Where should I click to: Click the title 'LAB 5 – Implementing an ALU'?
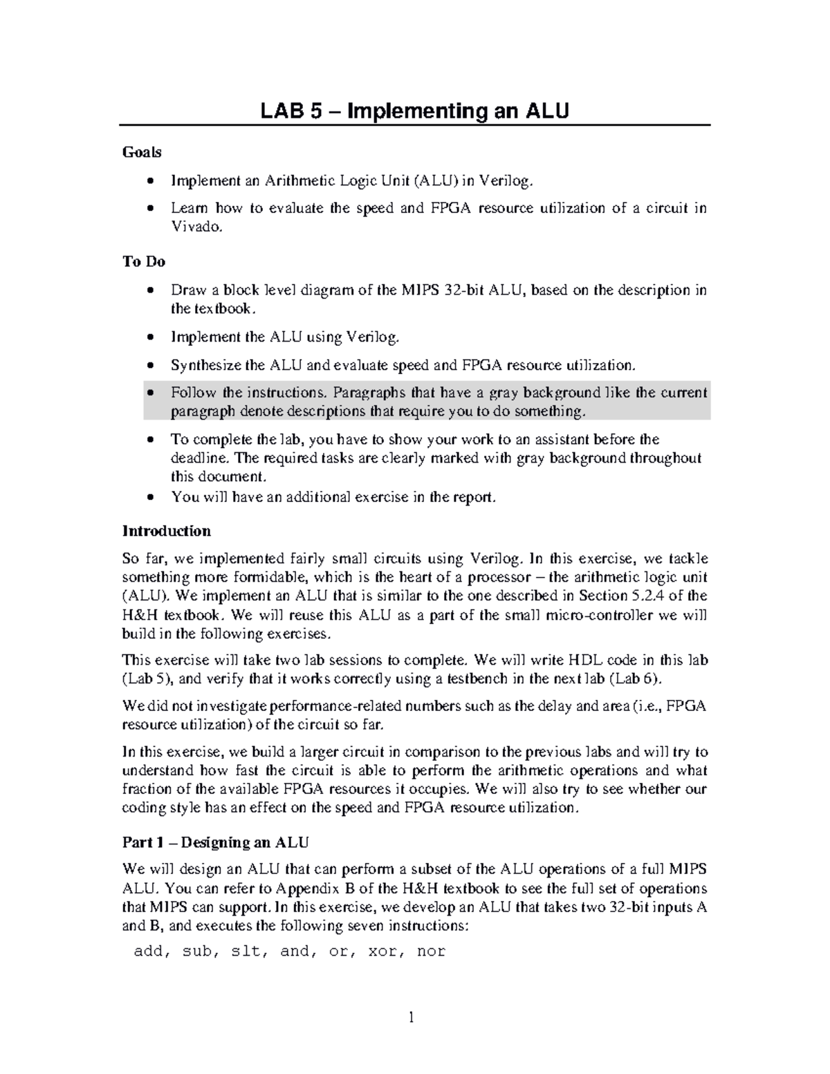pyautogui.click(x=414, y=111)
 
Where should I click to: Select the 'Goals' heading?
pyautogui.click(x=142, y=152)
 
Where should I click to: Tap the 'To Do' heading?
pyautogui.click(x=143, y=261)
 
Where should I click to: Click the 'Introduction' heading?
pyautogui.click(x=166, y=531)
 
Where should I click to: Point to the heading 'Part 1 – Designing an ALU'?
pyautogui.click(x=215, y=842)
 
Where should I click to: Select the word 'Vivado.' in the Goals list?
pyautogui.click(x=198, y=227)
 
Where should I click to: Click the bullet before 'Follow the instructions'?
pyautogui.click(x=151, y=393)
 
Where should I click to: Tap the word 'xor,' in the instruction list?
pyautogui.click(x=383, y=952)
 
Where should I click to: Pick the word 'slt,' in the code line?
pyautogui.click(x=248, y=952)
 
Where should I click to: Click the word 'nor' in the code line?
pyautogui.click(x=431, y=952)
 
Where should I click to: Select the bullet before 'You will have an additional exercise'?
pyautogui.click(x=151, y=497)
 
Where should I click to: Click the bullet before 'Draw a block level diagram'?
pyautogui.click(x=151, y=290)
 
